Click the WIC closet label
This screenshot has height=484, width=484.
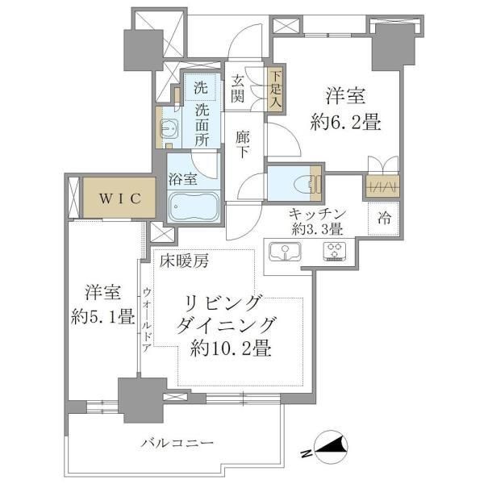115,198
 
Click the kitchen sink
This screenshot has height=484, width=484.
285,252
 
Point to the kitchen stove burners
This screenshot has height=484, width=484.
334,252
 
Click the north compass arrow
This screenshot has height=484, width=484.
332,446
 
